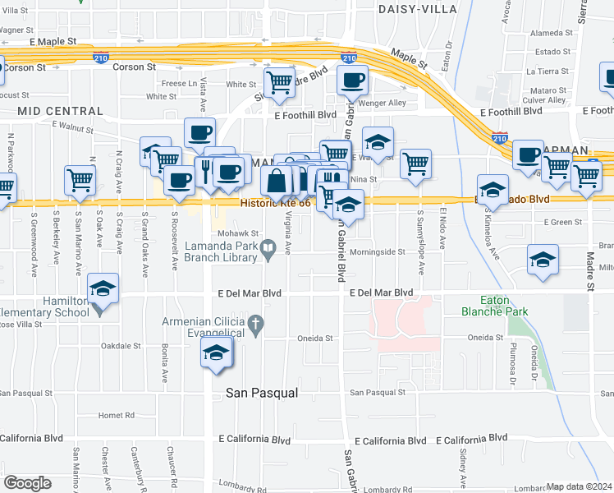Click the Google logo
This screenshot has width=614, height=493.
pos(27,483)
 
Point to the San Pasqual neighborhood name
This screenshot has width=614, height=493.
pos(261,394)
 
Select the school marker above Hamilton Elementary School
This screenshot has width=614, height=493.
pos(103,288)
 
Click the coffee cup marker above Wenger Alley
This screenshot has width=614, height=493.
pos(352,81)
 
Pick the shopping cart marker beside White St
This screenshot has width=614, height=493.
pos(279,82)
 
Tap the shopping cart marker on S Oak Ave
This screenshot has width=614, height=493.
pos(80,180)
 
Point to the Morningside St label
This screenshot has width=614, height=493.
pos(378,252)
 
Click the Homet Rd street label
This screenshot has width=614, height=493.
pos(115,415)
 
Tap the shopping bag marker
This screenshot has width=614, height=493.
pos(277,180)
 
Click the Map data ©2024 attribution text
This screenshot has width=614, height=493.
pos(579,486)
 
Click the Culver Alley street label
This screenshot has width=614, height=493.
pos(545,99)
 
